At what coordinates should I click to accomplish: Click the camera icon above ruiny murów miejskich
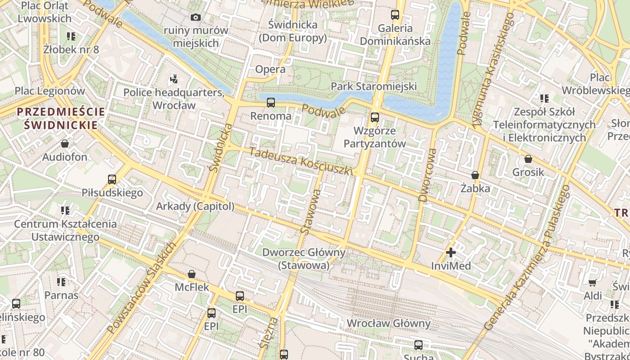(x=195, y=17)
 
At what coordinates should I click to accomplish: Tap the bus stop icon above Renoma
(x=270, y=103)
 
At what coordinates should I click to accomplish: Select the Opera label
(x=270, y=69)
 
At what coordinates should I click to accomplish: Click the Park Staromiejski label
(x=373, y=86)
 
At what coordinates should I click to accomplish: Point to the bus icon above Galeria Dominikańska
(x=395, y=15)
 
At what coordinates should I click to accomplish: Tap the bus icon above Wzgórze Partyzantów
(x=374, y=117)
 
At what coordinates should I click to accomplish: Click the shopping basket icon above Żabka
(x=475, y=175)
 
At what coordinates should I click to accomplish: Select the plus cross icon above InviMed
(x=450, y=253)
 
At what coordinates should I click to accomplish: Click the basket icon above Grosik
(x=528, y=159)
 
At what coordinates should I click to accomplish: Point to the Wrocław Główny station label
(x=388, y=323)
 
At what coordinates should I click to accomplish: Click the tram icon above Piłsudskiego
(x=112, y=180)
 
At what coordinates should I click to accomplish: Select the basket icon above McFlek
(x=192, y=274)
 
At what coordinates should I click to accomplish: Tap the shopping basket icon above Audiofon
(x=65, y=144)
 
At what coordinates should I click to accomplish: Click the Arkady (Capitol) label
(x=195, y=206)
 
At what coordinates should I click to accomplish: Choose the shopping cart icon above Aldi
(x=592, y=283)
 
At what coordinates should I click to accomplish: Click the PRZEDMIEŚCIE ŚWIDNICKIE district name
(x=61, y=118)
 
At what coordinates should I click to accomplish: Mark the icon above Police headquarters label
(x=174, y=80)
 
